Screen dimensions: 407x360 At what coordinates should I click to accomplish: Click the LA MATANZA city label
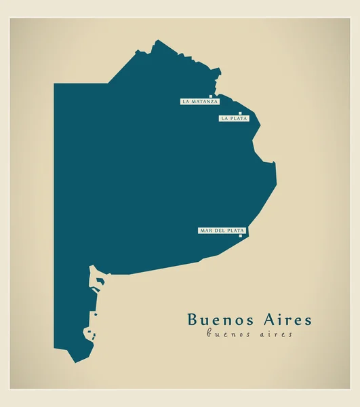click(200, 102)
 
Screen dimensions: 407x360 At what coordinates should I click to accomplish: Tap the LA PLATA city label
click(234, 119)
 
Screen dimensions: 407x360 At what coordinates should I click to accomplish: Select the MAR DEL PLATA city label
click(222, 231)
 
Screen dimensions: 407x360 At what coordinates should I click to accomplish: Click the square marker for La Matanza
click(212, 96)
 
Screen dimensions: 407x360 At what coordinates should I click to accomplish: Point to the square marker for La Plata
click(240, 113)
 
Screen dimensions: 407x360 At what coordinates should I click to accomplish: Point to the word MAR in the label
click(205, 231)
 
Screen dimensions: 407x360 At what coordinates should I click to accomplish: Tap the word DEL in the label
click(220, 231)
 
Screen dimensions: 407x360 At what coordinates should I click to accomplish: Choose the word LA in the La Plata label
click(224, 119)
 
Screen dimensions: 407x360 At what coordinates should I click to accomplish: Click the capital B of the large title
click(192, 319)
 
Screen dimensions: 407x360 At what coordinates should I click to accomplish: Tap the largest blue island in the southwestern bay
click(89, 333)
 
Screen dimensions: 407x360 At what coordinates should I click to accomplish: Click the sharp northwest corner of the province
click(55, 84)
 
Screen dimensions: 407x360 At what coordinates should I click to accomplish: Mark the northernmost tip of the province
click(157, 40)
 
